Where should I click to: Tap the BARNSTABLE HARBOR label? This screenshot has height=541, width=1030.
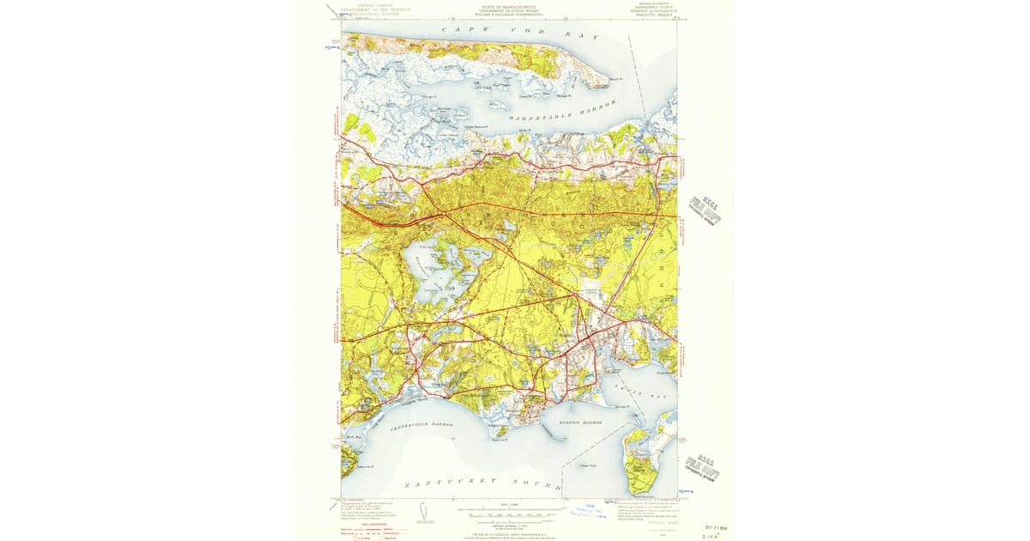point(562,111)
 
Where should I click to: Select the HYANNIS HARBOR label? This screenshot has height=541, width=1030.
point(575,422)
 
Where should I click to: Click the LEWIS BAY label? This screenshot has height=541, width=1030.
point(632,391)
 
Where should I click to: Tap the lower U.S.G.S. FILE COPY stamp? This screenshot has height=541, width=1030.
point(703,467)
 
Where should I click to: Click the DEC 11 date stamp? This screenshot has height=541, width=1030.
point(716,527)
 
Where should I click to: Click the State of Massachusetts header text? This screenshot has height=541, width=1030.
point(508,9)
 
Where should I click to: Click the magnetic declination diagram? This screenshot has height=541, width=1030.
point(421,514)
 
